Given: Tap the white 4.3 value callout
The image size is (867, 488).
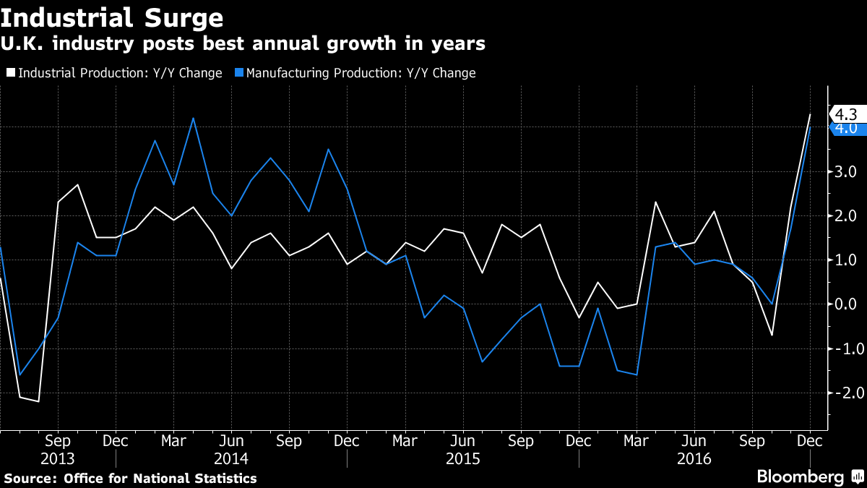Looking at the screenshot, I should click(845, 114).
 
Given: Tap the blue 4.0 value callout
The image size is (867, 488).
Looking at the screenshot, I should click(845, 129).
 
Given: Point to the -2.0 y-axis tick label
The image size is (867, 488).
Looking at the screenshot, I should click(842, 393).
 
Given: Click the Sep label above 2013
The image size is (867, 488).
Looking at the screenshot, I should click(58, 440).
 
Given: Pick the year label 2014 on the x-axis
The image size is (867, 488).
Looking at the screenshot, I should click(231, 459).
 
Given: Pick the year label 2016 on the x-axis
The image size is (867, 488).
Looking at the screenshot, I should click(694, 459).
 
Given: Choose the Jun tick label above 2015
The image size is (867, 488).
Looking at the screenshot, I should click(462, 440).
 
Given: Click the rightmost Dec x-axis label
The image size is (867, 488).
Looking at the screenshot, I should click(810, 440).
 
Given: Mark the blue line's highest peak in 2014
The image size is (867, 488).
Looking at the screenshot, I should click(193, 118).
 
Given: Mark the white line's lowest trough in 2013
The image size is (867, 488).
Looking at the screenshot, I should click(38, 401).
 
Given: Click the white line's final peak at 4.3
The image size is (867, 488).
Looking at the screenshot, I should click(810, 114).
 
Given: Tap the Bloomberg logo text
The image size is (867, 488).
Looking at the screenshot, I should click(800, 476).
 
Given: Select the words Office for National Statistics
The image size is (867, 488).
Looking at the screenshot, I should click(160, 478).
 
